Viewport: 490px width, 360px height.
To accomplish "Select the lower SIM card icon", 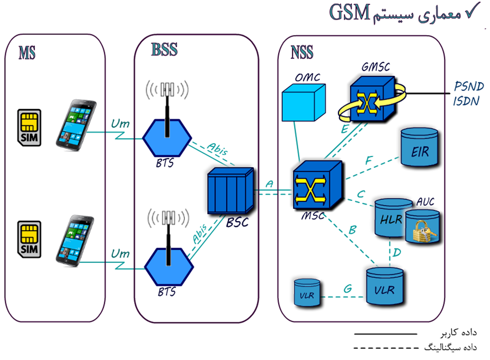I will tap(30, 239).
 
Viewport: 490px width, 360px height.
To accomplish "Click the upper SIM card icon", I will tap(30, 127).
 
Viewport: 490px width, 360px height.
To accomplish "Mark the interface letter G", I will tap(348, 289).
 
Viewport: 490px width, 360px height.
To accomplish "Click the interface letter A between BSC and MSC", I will tap(269, 183).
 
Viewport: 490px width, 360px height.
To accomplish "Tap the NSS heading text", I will tap(302, 52).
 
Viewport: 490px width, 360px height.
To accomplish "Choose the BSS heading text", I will tap(164, 50).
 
